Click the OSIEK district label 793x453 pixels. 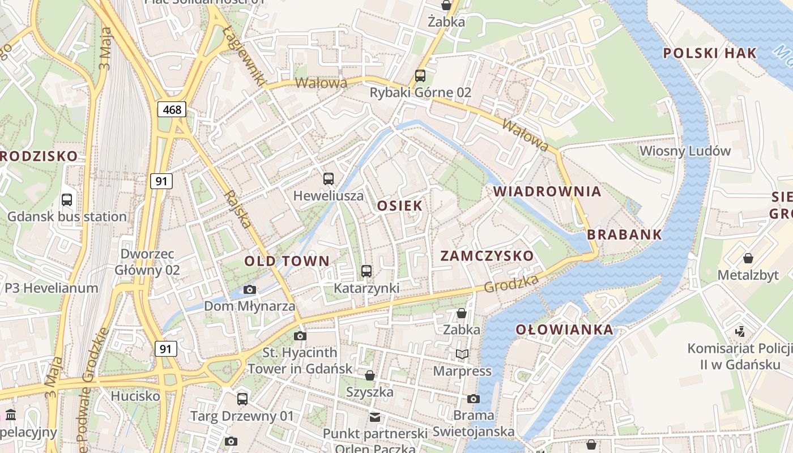[x=400, y=206]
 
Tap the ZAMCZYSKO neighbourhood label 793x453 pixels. [x=487, y=256]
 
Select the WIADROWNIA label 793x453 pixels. [x=547, y=191]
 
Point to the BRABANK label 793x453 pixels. [x=624, y=235]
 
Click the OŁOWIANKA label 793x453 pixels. [x=564, y=330]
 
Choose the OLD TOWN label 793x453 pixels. [x=287, y=261]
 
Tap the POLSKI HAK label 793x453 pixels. [x=710, y=54]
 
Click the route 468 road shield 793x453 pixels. [x=172, y=109]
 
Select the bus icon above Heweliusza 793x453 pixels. [x=329, y=179]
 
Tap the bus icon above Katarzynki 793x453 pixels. [x=366, y=271]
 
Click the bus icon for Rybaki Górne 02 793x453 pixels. [x=420, y=75]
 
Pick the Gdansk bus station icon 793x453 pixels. [x=67, y=199]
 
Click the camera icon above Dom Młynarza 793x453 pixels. [x=249, y=289]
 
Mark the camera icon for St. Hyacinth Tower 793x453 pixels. [x=300, y=336]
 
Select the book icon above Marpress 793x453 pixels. [x=462, y=354]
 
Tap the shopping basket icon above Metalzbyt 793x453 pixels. [x=748, y=258]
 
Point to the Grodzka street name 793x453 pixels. [x=511, y=284]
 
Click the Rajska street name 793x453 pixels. [x=237, y=209]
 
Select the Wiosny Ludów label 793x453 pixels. [x=685, y=151]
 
